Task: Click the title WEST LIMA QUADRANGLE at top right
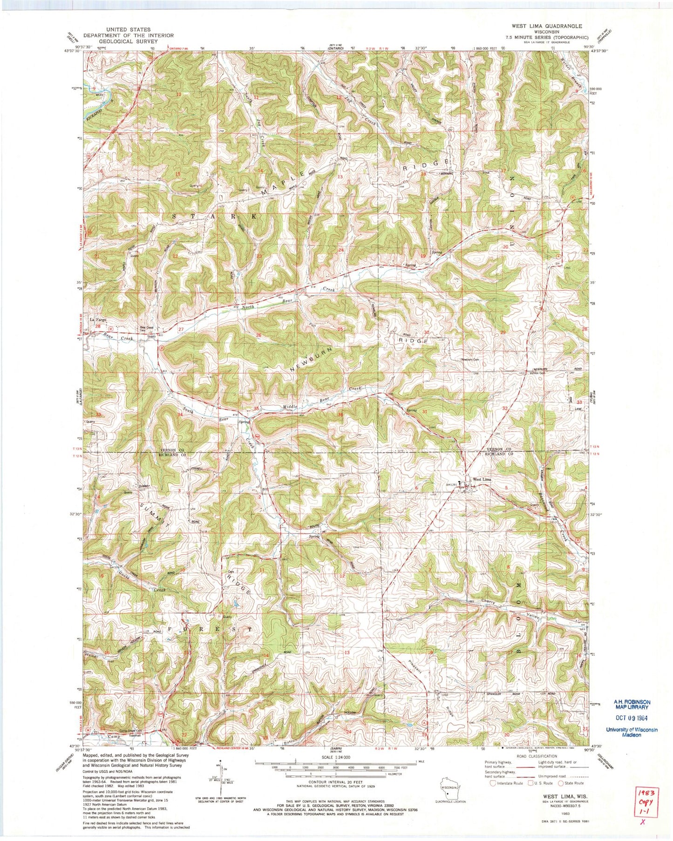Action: [x=546, y=26]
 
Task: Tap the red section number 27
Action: [x=181, y=329]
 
